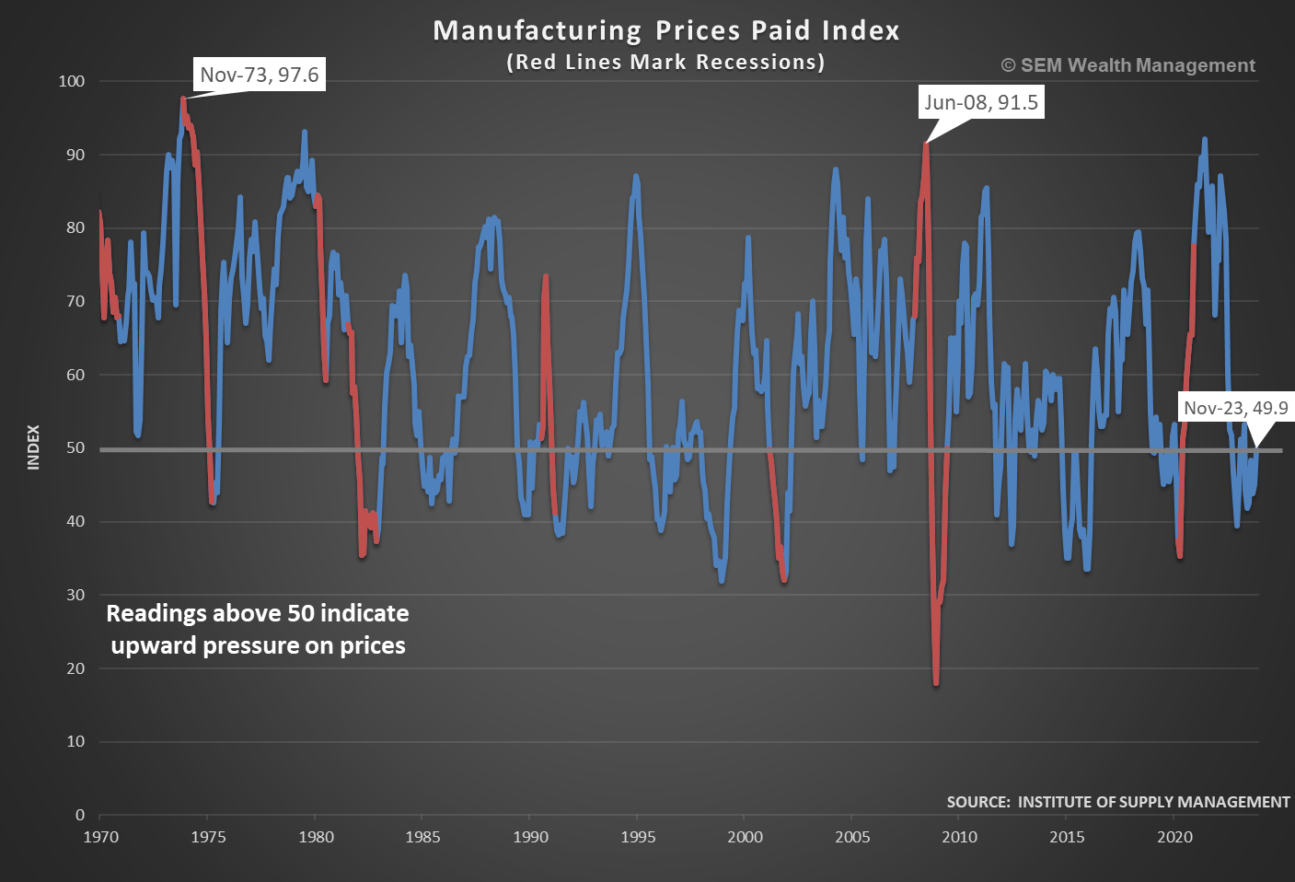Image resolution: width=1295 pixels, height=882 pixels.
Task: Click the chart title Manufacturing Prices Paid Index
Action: (665, 30)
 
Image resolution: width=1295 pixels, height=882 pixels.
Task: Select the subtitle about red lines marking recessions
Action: (665, 63)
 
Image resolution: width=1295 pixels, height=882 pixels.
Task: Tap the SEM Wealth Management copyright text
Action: (1128, 65)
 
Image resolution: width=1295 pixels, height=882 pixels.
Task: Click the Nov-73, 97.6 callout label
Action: (260, 75)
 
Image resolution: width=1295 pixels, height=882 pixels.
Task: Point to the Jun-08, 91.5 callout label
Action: (981, 102)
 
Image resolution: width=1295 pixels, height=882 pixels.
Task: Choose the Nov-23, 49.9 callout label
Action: (1235, 408)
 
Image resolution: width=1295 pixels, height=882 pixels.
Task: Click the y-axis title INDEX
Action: (34, 447)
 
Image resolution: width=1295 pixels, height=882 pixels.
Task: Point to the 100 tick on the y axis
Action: (72, 81)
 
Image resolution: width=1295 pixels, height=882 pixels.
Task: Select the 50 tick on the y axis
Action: (75, 448)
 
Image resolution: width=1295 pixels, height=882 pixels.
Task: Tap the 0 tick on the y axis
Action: (80, 815)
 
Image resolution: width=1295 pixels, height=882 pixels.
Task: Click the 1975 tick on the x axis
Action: (208, 837)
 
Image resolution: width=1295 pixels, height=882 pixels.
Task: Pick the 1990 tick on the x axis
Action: (530, 837)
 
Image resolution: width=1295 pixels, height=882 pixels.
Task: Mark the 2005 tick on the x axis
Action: (852, 837)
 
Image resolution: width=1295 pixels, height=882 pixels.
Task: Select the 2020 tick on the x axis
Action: (1174, 837)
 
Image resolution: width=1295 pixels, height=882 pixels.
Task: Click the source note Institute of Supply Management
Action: (1118, 802)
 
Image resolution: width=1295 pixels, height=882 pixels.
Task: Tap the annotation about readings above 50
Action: (258, 629)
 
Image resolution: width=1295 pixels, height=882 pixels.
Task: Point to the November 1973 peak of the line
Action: (183, 99)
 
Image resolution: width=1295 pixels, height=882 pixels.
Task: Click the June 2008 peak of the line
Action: (926, 144)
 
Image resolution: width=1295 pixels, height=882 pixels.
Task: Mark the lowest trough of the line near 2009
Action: (936, 683)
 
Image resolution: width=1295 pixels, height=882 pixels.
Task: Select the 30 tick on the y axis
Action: (75, 595)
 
